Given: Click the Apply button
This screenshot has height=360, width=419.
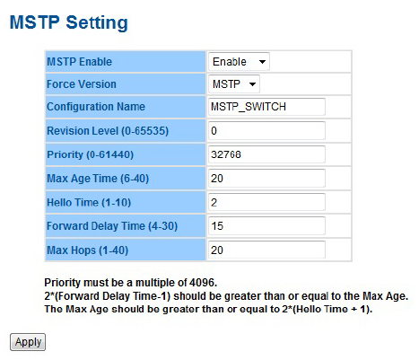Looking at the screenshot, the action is [28, 342].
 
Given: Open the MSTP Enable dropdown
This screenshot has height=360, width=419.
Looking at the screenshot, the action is [239, 62].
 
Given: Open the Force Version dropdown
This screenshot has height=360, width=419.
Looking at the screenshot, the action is [234, 84].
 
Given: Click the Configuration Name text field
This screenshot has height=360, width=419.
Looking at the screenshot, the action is [266, 107].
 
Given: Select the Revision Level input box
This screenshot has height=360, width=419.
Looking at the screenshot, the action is [266, 130].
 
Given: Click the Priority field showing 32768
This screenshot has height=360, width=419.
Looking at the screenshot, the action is [266, 154].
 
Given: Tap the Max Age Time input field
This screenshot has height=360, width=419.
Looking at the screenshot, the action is [266, 179].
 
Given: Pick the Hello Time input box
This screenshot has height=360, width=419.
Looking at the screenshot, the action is [266, 202].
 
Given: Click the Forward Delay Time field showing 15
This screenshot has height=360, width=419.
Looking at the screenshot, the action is [266, 225].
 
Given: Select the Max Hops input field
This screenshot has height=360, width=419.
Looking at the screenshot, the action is [266, 250].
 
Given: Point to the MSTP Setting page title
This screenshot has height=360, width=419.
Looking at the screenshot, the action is [69, 22].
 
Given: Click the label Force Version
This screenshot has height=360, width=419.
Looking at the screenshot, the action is [82, 84].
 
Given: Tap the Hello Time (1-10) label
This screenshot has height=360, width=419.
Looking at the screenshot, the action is [89, 203].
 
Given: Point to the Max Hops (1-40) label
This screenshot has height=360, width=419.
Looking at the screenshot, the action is [88, 250].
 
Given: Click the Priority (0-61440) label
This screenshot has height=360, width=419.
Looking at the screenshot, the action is [90, 154].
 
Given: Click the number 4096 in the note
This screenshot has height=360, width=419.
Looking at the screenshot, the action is [202, 283].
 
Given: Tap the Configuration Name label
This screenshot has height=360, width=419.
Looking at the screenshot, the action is [96, 107].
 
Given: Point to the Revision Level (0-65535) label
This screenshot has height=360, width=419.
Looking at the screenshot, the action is [108, 131].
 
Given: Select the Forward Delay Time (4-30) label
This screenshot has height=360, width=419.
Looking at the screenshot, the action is [112, 226].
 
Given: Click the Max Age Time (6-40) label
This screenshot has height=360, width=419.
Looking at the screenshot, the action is [98, 179].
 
